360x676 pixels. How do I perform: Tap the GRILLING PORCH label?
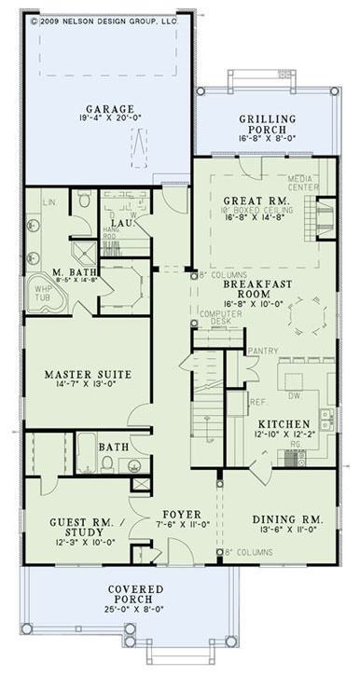click(267, 118)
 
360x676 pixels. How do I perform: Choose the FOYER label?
click(176, 514)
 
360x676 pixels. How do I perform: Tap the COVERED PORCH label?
click(136, 595)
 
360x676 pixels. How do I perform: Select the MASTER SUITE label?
click(87, 375)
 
